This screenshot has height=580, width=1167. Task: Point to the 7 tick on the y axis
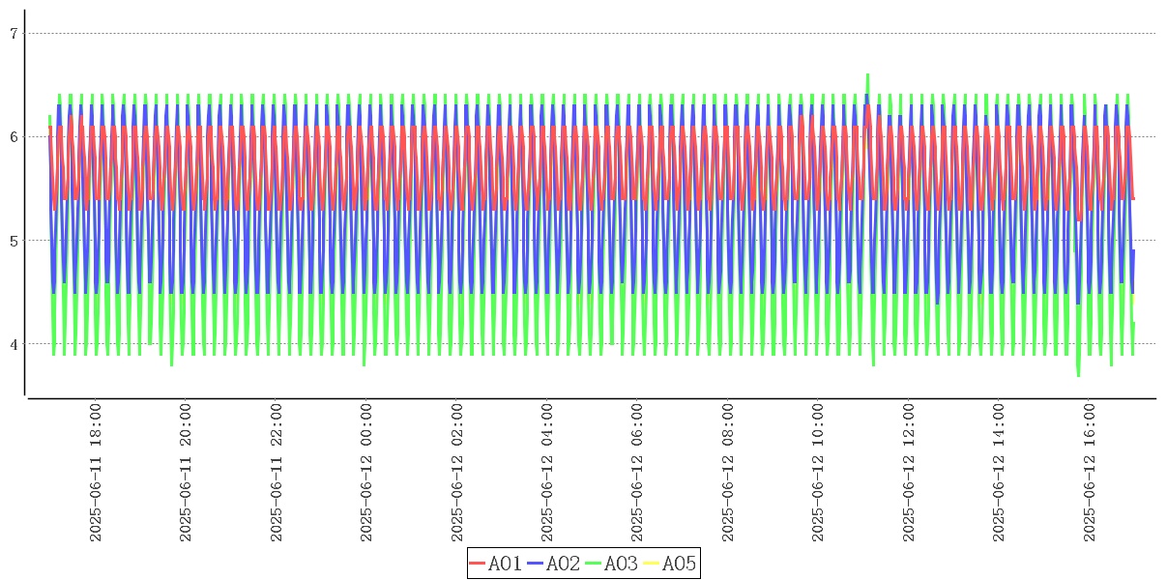(x=14, y=34)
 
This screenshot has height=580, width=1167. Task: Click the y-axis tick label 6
(x=14, y=137)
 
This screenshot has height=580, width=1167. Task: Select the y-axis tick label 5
(x=14, y=241)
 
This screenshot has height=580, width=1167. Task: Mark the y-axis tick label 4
(x=14, y=344)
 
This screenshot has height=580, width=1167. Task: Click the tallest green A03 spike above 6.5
(x=867, y=75)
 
